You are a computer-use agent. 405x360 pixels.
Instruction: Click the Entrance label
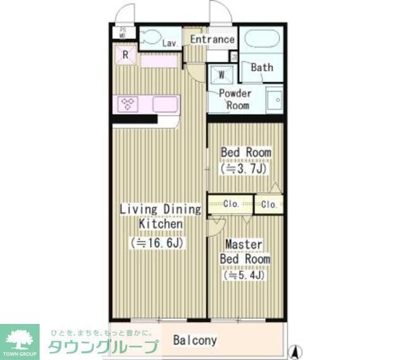pyautogui.click(x=212, y=39)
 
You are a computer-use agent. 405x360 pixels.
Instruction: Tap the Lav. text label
pyautogui.click(x=169, y=44)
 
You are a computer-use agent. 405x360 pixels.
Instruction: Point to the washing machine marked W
pyautogui.click(x=222, y=74)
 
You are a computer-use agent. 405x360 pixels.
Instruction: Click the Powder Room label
pyautogui.click(x=235, y=99)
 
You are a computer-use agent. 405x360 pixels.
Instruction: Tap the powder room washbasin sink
pyautogui.click(x=274, y=99)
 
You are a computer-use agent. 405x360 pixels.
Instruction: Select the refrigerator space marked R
pyautogui.click(x=126, y=55)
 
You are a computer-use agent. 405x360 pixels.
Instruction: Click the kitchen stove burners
pyautogui.click(x=128, y=104)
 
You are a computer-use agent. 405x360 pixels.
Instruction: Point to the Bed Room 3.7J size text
pyautogui.click(x=246, y=169)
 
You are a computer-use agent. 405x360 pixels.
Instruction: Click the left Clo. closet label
pyautogui.click(x=231, y=204)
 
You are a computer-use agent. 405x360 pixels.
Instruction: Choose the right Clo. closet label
pyautogui.click(x=269, y=204)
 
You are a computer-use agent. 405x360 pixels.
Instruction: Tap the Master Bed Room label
pyautogui.click(x=245, y=252)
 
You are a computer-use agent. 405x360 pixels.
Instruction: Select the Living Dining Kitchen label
pyautogui.click(x=161, y=216)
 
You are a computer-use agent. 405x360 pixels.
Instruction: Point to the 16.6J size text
pyautogui.click(x=161, y=242)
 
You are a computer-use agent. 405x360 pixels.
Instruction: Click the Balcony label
pyautogui.click(x=195, y=340)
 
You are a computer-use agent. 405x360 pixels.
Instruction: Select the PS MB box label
pyautogui.click(x=123, y=32)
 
